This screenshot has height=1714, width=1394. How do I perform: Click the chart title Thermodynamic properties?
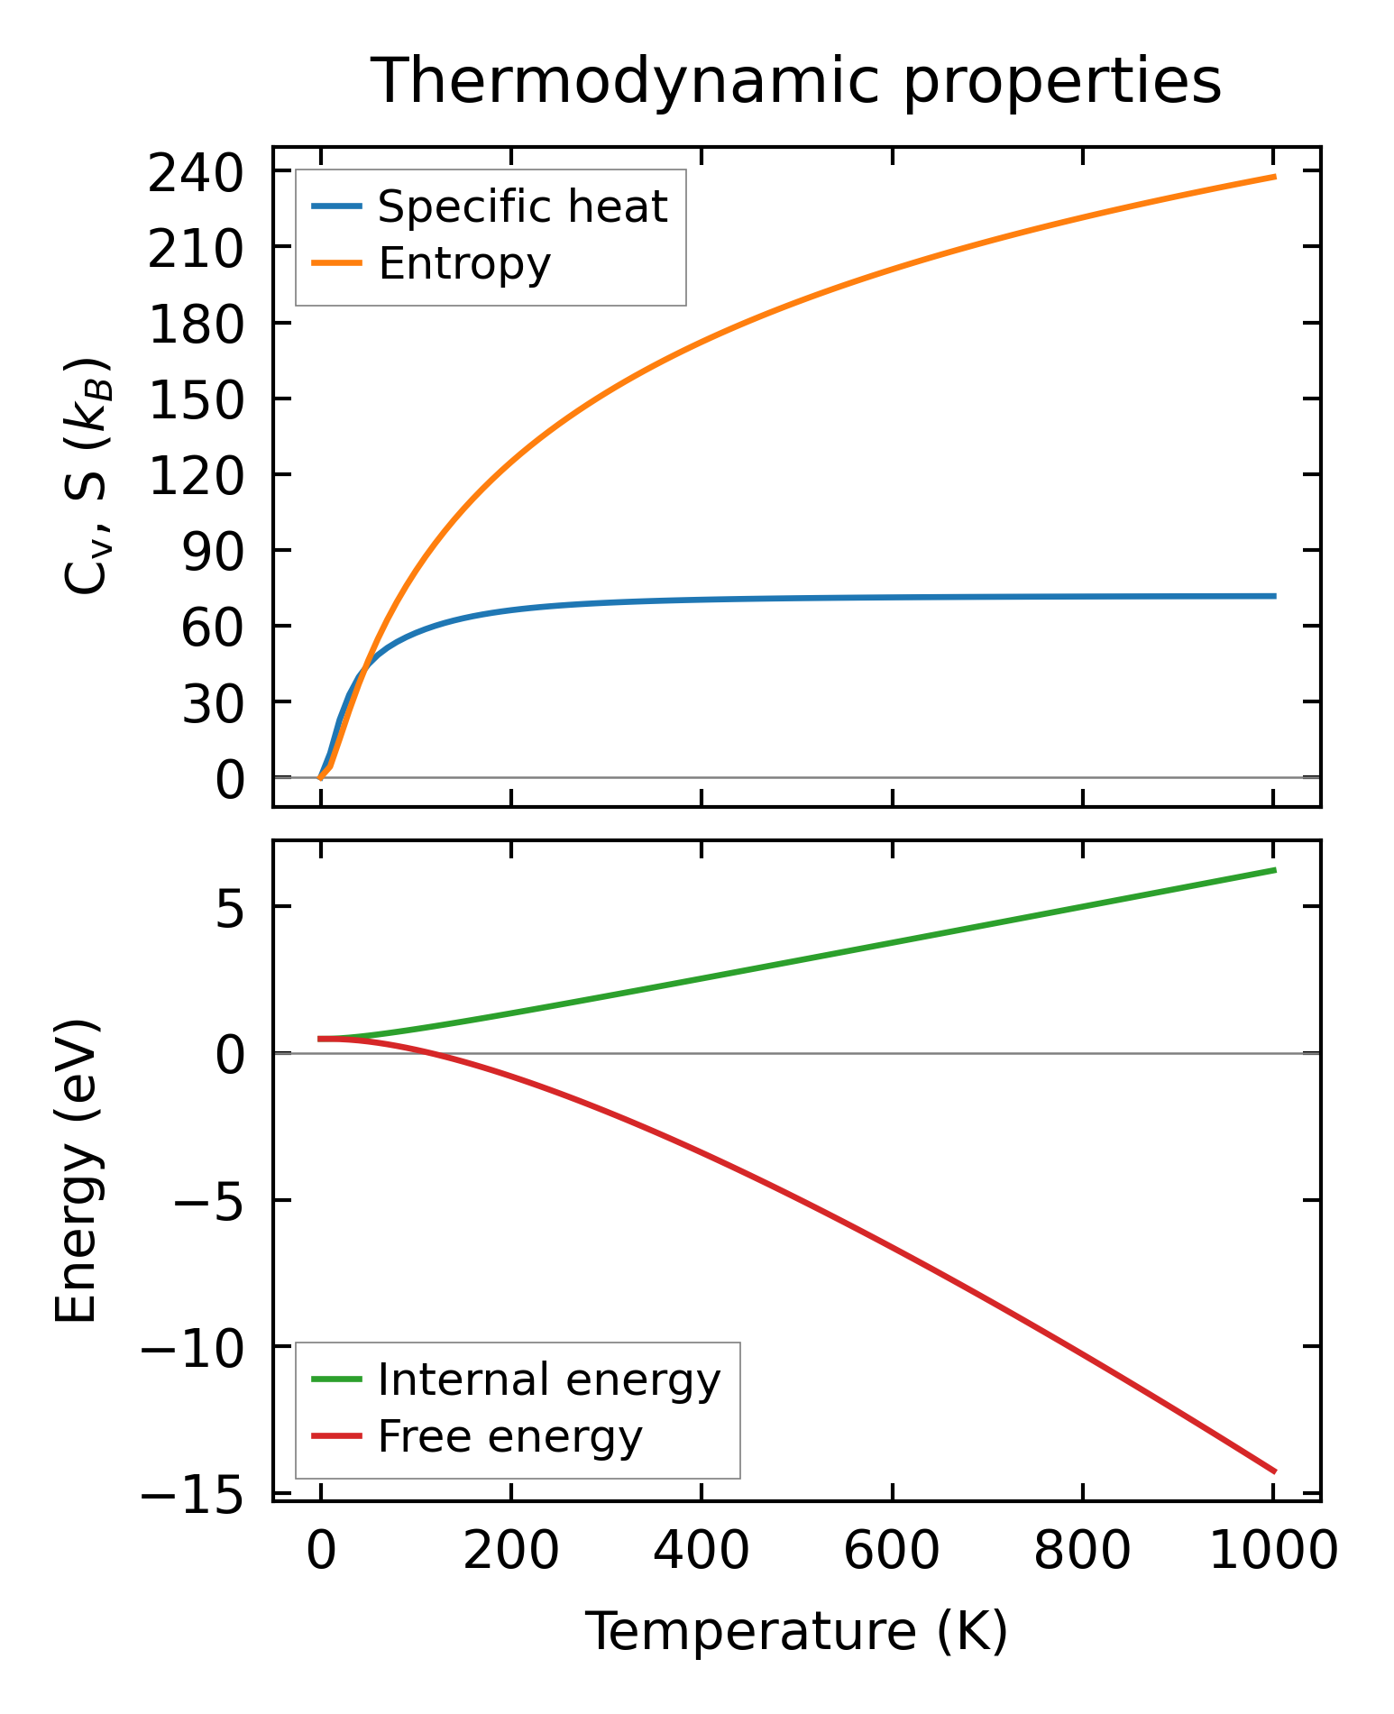point(796,81)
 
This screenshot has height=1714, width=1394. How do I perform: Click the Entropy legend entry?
point(463,263)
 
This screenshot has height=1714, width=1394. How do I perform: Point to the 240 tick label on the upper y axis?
point(196,173)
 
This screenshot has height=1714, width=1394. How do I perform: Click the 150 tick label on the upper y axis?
point(196,399)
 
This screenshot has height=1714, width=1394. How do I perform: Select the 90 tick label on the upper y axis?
point(213,551)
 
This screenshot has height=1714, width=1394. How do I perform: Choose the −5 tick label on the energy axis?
point(209,1201)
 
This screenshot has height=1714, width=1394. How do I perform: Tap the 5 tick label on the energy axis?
point(230,909)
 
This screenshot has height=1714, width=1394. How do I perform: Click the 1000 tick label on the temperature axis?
point(1272,1553)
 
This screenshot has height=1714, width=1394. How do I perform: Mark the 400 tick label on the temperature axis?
point(701,1553)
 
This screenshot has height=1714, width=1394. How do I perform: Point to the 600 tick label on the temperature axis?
point(891,1553)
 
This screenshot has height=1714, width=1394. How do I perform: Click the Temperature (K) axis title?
point(796,1631)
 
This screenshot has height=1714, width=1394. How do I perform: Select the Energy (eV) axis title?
point(76,1171)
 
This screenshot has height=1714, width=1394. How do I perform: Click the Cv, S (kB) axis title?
point(87,476)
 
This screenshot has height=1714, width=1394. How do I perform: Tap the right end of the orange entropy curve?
point(1274,177)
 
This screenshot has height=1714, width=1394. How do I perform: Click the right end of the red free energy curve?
point(1274,1471)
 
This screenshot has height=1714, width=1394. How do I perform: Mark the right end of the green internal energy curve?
point(1274,870)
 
